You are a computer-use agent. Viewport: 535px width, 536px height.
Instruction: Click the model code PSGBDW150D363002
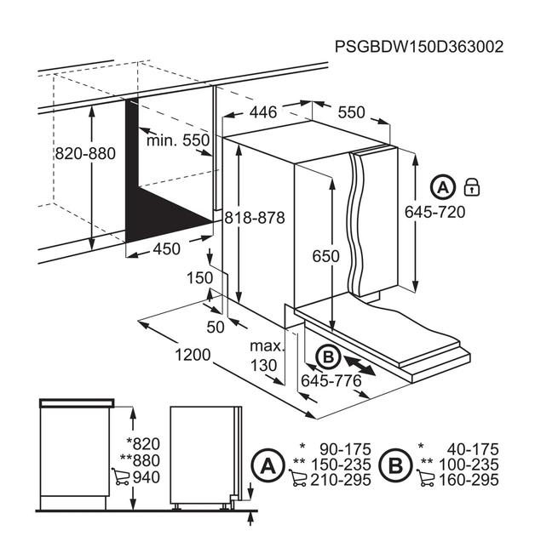click(x=419, y=47)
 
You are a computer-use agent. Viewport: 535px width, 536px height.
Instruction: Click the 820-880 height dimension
click(x=85, y=153)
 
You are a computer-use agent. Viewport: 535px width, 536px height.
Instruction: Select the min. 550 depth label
click(x=178, y=140)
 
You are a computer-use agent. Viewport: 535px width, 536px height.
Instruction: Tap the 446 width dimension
click(x=263, y=112)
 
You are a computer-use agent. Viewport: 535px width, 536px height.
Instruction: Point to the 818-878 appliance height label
click(x=255, y=218)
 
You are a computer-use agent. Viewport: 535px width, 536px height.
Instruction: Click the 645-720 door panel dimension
click(x=435, y=212)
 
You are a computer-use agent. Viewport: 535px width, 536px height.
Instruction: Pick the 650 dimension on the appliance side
click(x=326, y=256)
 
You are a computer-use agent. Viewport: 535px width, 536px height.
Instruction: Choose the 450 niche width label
click(x=167, y=248)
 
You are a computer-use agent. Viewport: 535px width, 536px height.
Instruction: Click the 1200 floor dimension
click(x=193, y=355)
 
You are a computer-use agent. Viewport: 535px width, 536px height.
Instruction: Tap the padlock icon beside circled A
click(x=472, y=186)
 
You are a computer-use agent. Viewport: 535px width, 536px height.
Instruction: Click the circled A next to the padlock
click(x=443, y=187)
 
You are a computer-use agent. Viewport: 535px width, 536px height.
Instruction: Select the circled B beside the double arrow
click(x=328, y=357)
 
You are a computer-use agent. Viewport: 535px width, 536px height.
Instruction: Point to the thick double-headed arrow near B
click(x=360, y=366)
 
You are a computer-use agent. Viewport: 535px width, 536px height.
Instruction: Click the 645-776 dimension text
click(x=331, y=380)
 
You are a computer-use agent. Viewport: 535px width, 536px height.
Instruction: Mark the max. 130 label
click(x=267, y=356)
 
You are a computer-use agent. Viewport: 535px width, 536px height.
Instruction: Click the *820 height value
click(x=143, y=444)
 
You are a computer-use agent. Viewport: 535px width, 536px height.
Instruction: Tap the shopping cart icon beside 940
click(x=120, y=476)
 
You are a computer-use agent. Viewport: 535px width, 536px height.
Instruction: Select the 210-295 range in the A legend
click(x=341, y=480)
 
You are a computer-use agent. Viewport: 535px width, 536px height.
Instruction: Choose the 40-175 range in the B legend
click(x=473, y=449)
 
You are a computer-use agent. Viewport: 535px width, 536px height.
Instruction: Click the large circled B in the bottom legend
click(x=395, y=465)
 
